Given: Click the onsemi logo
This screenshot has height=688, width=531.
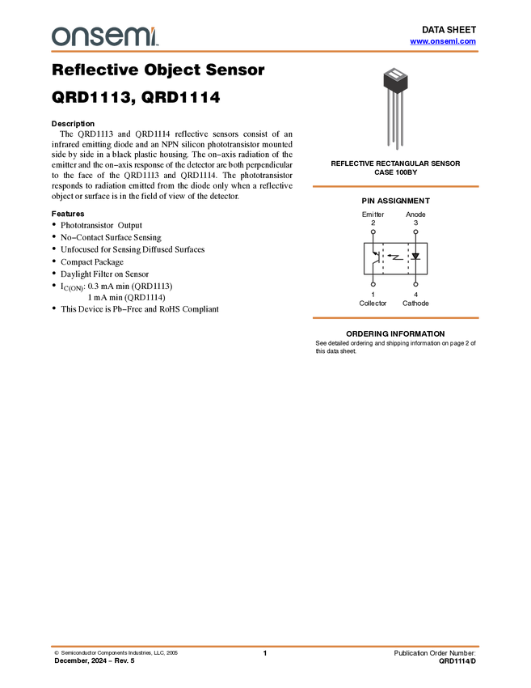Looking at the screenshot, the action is point(104,36).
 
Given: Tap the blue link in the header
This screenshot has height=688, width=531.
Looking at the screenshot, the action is point(443,41).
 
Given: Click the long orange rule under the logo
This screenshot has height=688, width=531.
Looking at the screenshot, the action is point(265,52).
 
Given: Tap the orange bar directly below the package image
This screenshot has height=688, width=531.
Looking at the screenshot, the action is point(395,187).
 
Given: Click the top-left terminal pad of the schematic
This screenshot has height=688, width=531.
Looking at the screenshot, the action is point(373,232).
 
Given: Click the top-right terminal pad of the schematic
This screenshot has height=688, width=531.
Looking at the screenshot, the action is point(415,232).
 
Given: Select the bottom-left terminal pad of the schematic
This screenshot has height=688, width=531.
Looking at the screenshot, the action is point(373,284).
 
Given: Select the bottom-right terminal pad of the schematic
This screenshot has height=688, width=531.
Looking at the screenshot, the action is point(415,284).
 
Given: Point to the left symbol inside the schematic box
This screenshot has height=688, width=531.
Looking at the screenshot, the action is point(375,258).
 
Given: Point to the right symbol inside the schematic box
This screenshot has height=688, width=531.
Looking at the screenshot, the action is point(415,258).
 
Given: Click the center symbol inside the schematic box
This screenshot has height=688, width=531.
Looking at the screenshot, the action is point(396,258).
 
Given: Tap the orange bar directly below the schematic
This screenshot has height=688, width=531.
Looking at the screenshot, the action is point(395,318).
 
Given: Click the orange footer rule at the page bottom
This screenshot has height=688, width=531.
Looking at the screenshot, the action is point(265,647).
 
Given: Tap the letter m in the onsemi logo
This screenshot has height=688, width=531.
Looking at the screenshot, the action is point(138,36).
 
